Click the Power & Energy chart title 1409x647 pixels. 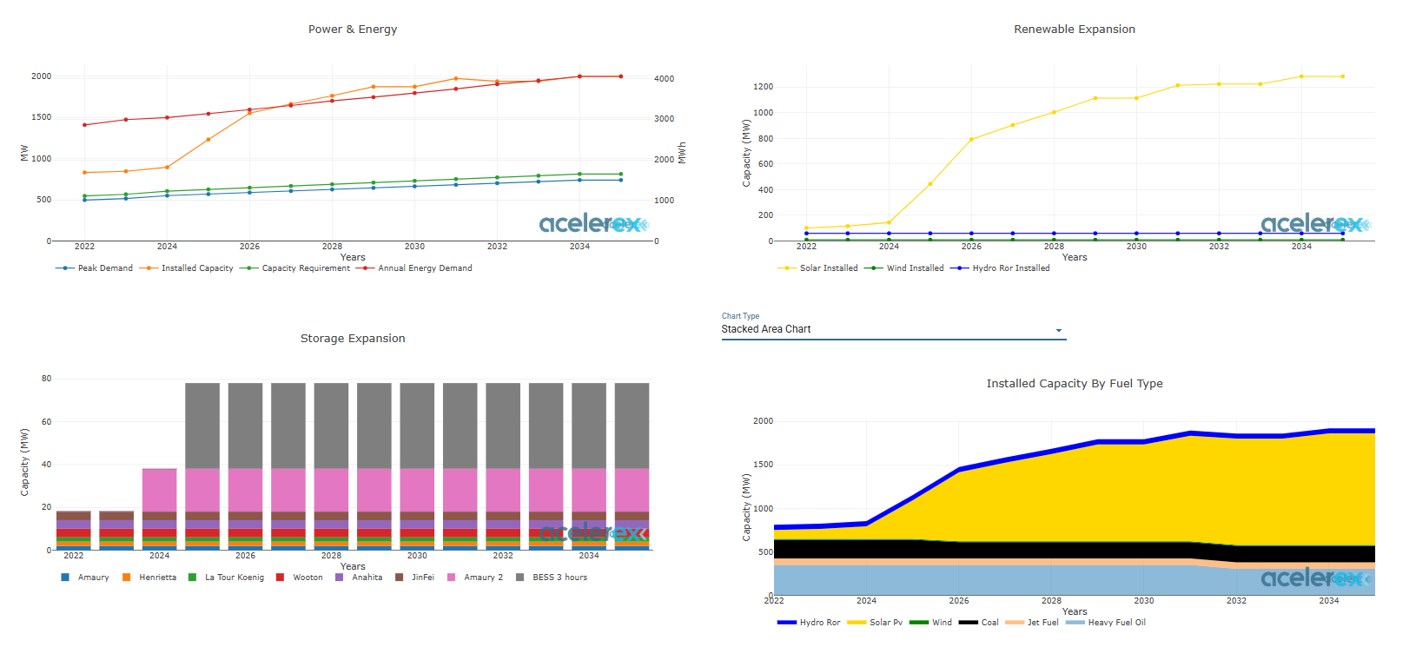coord(353,30)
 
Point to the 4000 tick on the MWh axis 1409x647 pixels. coord(664,79)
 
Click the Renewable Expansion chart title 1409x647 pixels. coord(1074,30)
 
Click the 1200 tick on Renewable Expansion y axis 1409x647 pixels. coord(763,87)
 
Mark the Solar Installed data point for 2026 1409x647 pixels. coord(971,139)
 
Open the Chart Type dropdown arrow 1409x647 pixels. coord(1058,330)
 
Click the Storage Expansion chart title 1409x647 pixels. coord(353,339)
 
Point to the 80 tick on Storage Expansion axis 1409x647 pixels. coord(46,379)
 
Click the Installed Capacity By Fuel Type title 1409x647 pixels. coord(1074,384)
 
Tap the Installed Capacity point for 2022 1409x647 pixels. coord(84,173)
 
